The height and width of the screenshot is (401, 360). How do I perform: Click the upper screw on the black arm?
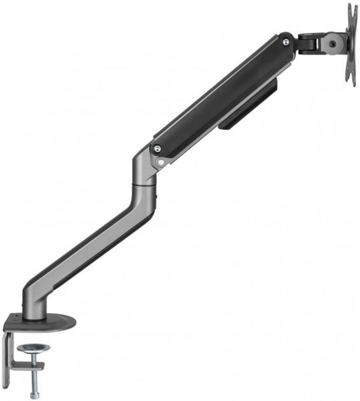click(285, 41)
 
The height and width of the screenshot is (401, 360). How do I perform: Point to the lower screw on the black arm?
click(157, 150)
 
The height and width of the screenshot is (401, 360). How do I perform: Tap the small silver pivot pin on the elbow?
click(161, 162)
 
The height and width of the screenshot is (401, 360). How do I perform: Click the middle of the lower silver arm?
click(89, 248)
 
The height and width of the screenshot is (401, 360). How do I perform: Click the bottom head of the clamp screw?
click(34, 395)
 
